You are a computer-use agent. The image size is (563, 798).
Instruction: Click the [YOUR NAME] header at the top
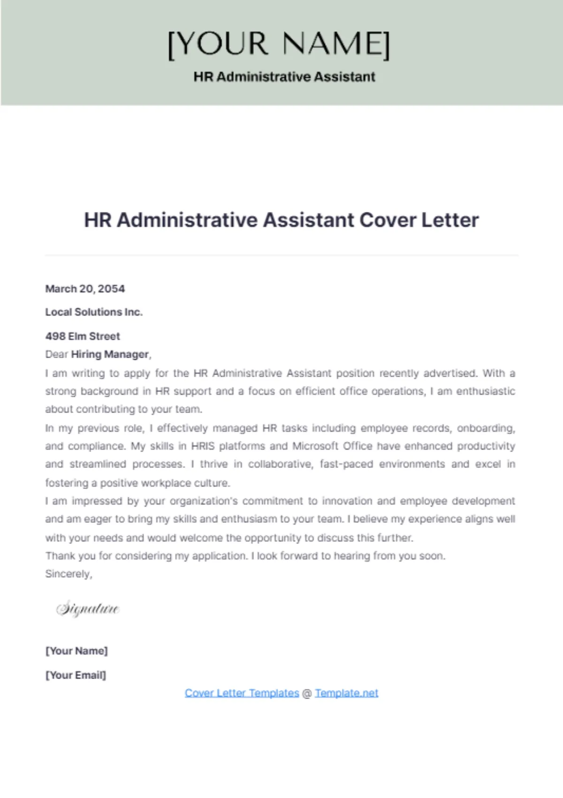point(279,45)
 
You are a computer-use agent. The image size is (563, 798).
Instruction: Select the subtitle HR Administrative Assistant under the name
point(284,77)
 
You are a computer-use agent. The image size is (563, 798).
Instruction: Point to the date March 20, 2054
point(85,289)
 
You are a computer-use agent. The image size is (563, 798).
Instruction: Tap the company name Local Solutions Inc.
point(94,312)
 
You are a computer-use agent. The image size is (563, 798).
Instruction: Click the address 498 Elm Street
point(83,336)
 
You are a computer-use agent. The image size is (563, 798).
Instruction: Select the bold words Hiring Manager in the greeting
point(110,354)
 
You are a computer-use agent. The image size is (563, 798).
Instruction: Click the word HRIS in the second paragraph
point(203,446)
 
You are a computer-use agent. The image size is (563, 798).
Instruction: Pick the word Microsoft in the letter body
point(315,446)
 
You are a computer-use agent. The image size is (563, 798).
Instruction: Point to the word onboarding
point(486,428)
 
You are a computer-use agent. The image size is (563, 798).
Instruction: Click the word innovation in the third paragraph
point(347,501)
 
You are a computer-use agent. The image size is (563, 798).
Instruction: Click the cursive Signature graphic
point(88,609)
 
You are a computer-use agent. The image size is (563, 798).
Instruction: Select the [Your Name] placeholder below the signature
point(76,651)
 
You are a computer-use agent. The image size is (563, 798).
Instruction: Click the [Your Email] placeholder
point(76,675)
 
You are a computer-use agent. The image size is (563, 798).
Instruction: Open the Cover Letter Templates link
point(242,693)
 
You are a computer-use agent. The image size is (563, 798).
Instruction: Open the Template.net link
point(346,693)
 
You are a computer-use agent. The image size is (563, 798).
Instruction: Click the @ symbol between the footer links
point(307,693)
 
